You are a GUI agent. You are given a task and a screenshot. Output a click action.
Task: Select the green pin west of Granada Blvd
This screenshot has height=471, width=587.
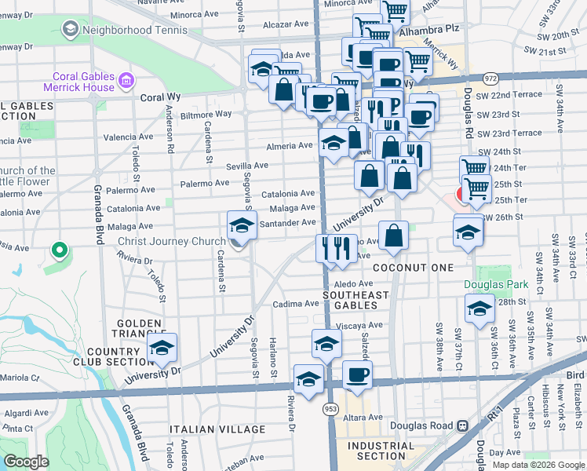58,251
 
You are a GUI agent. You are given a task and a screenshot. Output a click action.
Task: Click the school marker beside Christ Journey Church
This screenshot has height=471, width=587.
242,227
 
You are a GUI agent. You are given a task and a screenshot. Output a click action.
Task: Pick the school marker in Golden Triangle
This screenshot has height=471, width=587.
162,349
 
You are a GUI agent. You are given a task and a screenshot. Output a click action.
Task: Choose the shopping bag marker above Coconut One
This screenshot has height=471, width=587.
394,236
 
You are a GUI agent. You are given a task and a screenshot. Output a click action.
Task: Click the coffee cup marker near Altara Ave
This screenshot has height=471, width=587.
357,376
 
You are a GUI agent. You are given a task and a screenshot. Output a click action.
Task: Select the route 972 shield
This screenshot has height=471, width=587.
490,78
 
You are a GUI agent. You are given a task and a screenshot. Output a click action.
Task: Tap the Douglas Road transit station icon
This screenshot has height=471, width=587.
462,425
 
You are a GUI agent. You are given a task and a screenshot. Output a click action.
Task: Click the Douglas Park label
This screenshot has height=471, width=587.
495,284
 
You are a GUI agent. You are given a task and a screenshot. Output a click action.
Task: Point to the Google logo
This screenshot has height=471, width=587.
26,462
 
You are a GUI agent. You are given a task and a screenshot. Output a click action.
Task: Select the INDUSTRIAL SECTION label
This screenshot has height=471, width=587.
381,450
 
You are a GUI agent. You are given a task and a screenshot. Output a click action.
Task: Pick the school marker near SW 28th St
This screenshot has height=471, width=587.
479,309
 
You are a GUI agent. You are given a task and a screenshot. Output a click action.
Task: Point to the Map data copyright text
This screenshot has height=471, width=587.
538,465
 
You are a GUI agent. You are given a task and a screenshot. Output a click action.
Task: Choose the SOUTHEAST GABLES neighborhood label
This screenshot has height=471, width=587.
356,300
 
